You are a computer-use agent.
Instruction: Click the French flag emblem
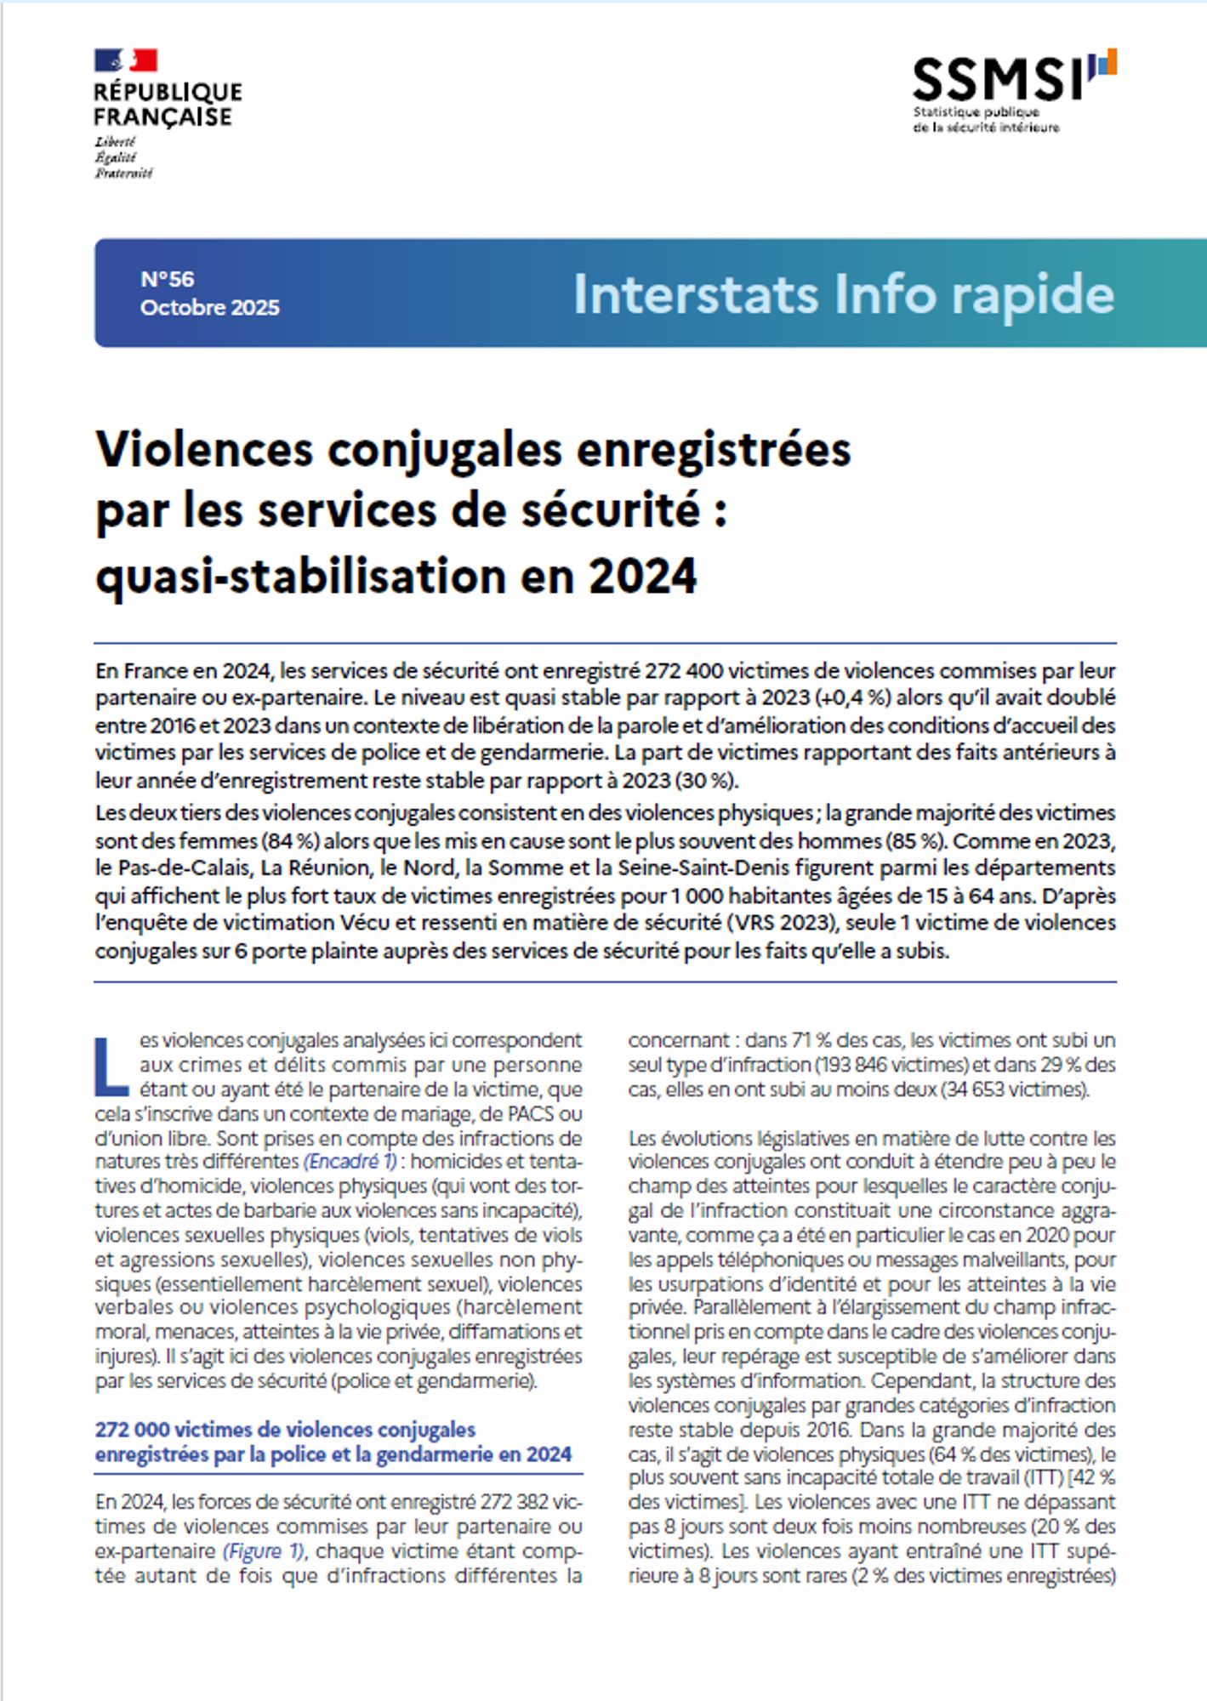click(126, 61)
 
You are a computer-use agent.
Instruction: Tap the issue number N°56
click(168, 279)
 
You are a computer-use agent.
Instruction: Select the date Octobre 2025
click(209, 307)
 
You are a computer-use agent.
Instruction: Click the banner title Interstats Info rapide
click(843, 294)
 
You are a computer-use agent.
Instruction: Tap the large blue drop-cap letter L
click(112, 1065)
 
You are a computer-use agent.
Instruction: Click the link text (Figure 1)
click(263, 1550)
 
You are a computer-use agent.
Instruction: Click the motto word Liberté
click(115, 141)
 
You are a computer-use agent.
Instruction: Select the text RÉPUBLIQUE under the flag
click(168, 92)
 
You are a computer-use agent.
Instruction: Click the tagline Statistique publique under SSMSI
click(976, 112)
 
